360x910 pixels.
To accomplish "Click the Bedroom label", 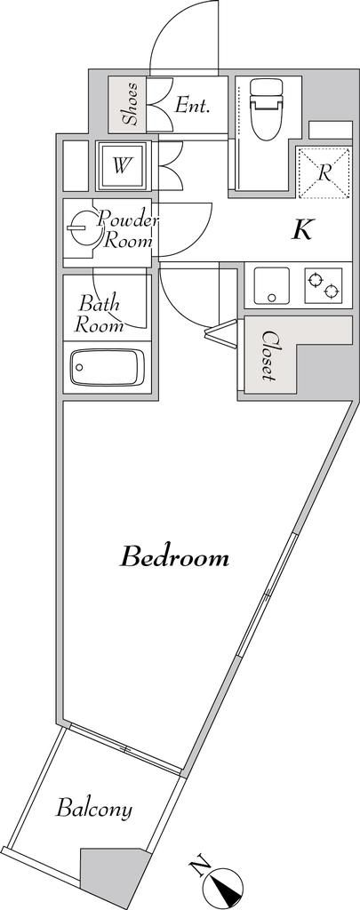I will pos(174,558).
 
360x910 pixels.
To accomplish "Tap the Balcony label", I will pos(94,809).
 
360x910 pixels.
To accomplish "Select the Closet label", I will pos(268,356).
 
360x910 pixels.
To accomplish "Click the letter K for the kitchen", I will pos(302,230).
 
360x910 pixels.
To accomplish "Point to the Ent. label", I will pos(192,106).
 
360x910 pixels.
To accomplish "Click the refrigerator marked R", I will pos(323,172).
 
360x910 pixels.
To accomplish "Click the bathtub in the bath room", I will pos(107,366).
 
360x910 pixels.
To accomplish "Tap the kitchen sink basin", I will pos(271,286).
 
